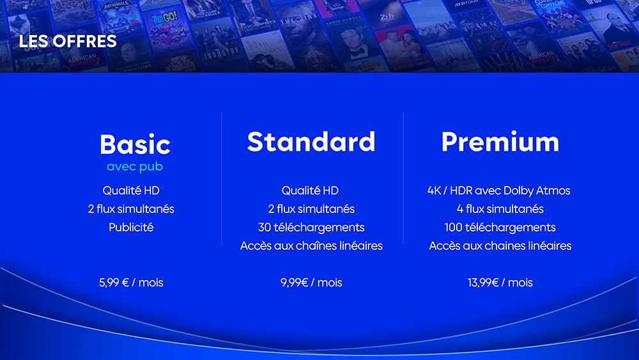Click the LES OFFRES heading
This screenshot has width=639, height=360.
pyautogui.click(x=68, y=41)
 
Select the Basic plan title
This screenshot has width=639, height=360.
pyautogui.click(x=135, y=145)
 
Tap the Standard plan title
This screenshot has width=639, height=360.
pyautogui.click(x=311, y=141)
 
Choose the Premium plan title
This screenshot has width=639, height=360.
pyautogui.click(x=500, y=141)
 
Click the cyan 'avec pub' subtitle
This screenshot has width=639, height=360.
pyautogui.click(x=135, y=167)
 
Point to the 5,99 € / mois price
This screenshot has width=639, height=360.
pyautogui.click(x=131, y=283)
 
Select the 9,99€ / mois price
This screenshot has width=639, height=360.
pyautogui.click(x=311, y=283)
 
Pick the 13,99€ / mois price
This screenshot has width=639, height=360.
pyautogui.click(x=500, y=283)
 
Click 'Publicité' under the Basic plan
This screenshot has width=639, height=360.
pyautogui.click(x=131, y=227)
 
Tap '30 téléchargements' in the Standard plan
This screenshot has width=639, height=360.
pyautogui.click(x=311, y=227)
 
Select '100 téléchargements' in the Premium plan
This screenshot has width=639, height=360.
pyautogui.click(x=500, y=227)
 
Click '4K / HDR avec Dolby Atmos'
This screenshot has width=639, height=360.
pyautogui.click(x=499, y=191)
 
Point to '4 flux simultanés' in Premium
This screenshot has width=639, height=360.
pyautogui.click(x=500, y=208)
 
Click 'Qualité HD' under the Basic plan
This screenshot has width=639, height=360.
pyautogui.click(x=131, y=191)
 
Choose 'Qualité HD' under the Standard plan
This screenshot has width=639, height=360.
pyautogui.click(x=310, y=191)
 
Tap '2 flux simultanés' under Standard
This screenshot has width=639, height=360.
pyautogui.click(x=311, y=208)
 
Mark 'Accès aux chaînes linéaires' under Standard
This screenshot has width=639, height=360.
pyautogui.click(x=311, y=246)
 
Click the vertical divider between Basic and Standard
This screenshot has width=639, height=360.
pyautogui.click(x=222, y=178)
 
